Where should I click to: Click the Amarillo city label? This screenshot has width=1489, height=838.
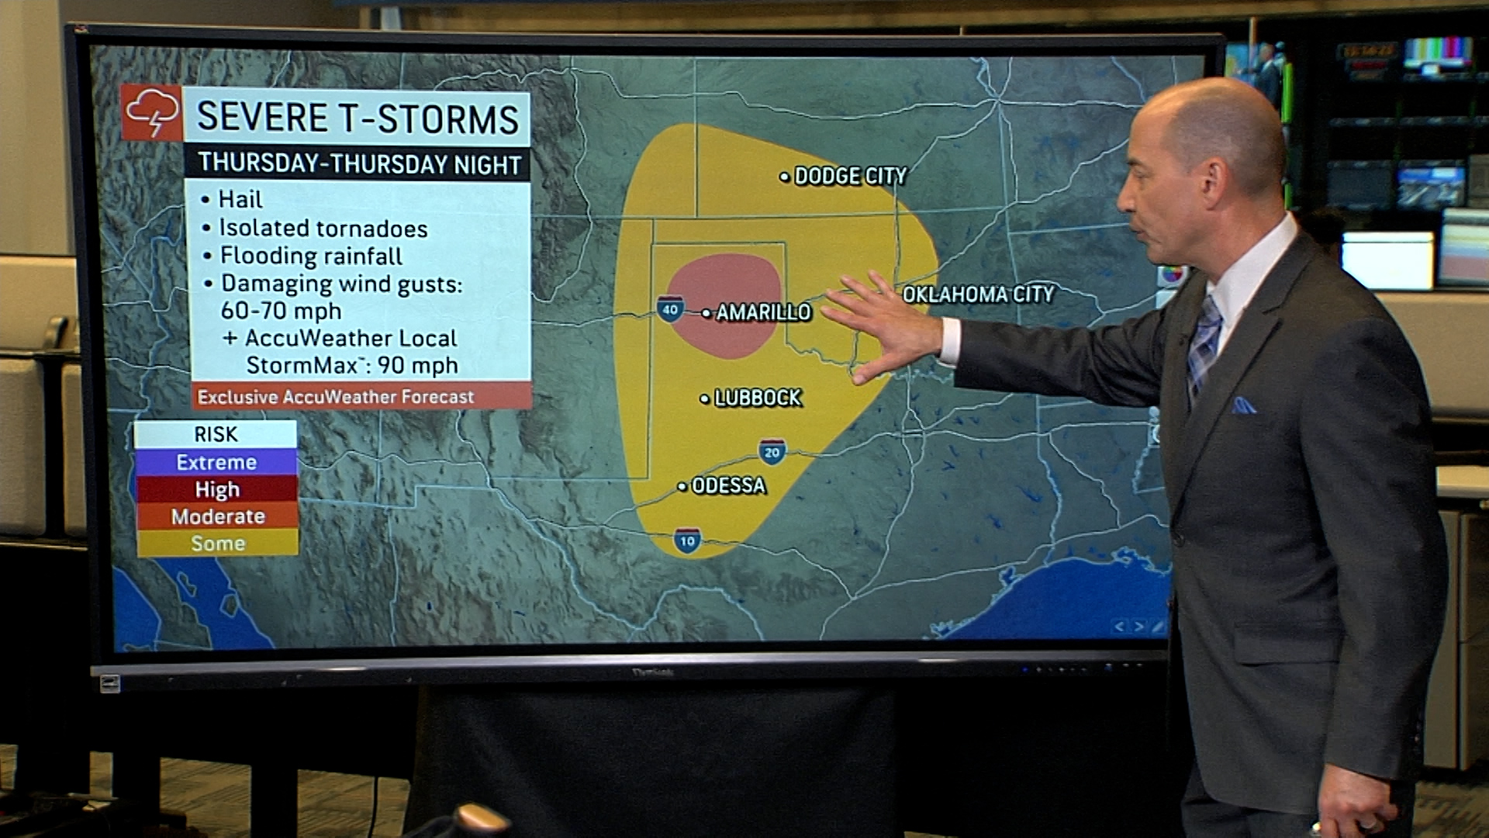[762, 312]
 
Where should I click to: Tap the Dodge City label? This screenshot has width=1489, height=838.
[849, 176]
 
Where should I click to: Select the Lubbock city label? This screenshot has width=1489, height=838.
[757, 398]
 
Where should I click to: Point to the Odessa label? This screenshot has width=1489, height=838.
[727, 486]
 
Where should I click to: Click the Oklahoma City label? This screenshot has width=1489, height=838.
[978, 295]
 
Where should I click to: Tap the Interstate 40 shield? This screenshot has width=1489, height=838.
[670, 310]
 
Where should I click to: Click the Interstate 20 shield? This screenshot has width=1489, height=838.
[772, 452]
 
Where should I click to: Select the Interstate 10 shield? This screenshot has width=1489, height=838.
[687, 541]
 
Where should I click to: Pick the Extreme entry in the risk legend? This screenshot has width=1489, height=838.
[216, 462]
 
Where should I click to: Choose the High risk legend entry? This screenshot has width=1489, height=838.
[216, 490]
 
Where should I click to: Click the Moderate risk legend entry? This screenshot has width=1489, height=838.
[217, 517]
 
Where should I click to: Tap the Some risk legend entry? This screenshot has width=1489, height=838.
[217, 544]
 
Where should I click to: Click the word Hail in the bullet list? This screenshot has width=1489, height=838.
[240, 200]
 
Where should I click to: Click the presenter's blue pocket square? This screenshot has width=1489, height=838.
[1243, 405]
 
